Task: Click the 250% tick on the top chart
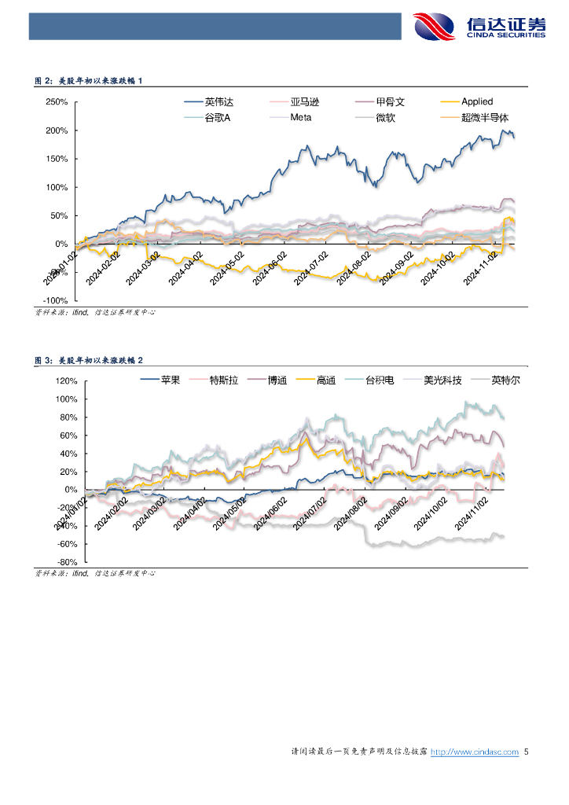click(x=57, y=102)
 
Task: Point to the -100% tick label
click(x=55, y=301)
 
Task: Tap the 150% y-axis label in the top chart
click(x=57, y=159)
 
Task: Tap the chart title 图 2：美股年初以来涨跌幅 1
click(x=89, y=81)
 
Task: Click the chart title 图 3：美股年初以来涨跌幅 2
click(x=89, y=360)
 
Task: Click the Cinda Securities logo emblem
click(x=434, y=28)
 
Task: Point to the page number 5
click(x=527, y=752)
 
